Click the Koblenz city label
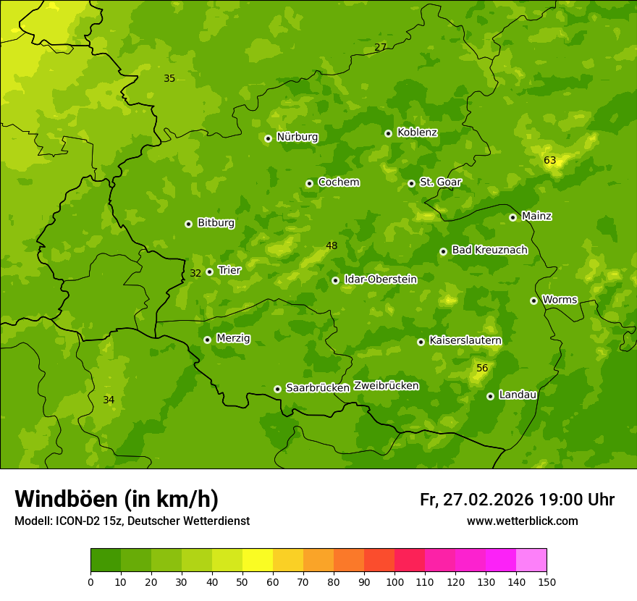(417, 133)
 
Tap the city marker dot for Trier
(210, 272)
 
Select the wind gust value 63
(549, 160)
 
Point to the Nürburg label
(297, 137)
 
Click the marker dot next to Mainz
(512, 217)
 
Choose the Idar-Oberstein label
(380, 280)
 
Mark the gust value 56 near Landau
(482, 368)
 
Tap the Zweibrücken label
(386, 386)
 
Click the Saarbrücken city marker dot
(277, 389)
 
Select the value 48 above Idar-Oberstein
(332, 245)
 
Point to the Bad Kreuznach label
(489, 250)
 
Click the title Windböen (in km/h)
(117, 499)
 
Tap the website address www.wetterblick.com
(522, 521)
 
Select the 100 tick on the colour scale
(395, 581)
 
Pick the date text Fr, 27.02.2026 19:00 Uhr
(517, 500)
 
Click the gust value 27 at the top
(380, 48)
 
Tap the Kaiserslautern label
(465, 340)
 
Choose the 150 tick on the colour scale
(547, 581)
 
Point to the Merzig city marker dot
(207, 340)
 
